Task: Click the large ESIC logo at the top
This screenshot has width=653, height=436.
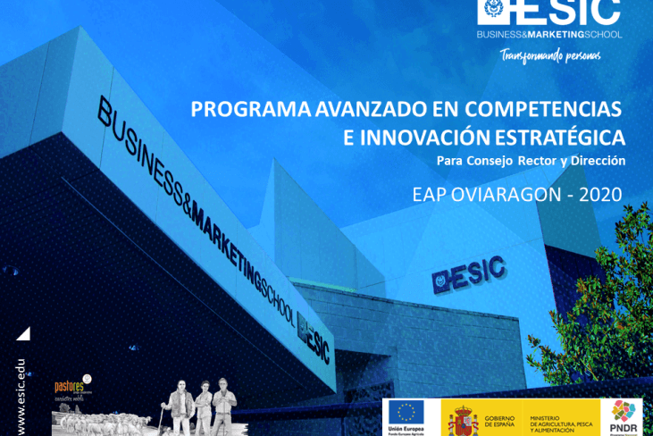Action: [x=548, y=13]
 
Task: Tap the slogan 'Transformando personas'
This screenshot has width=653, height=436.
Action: [x=549, y=55]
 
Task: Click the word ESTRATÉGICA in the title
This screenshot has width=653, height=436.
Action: [x=562, y=138]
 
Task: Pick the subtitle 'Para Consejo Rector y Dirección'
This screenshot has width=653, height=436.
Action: [x=531, y=161]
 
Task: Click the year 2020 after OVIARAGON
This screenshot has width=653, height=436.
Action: [x=600, y=194]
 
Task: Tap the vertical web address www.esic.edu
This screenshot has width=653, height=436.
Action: [x=21, y=395]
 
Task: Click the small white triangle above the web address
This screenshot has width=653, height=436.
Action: [x=23, y=333]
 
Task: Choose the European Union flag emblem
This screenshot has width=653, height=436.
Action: [x=406, y=412]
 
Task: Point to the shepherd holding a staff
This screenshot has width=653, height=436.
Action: [x=180, y=407]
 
